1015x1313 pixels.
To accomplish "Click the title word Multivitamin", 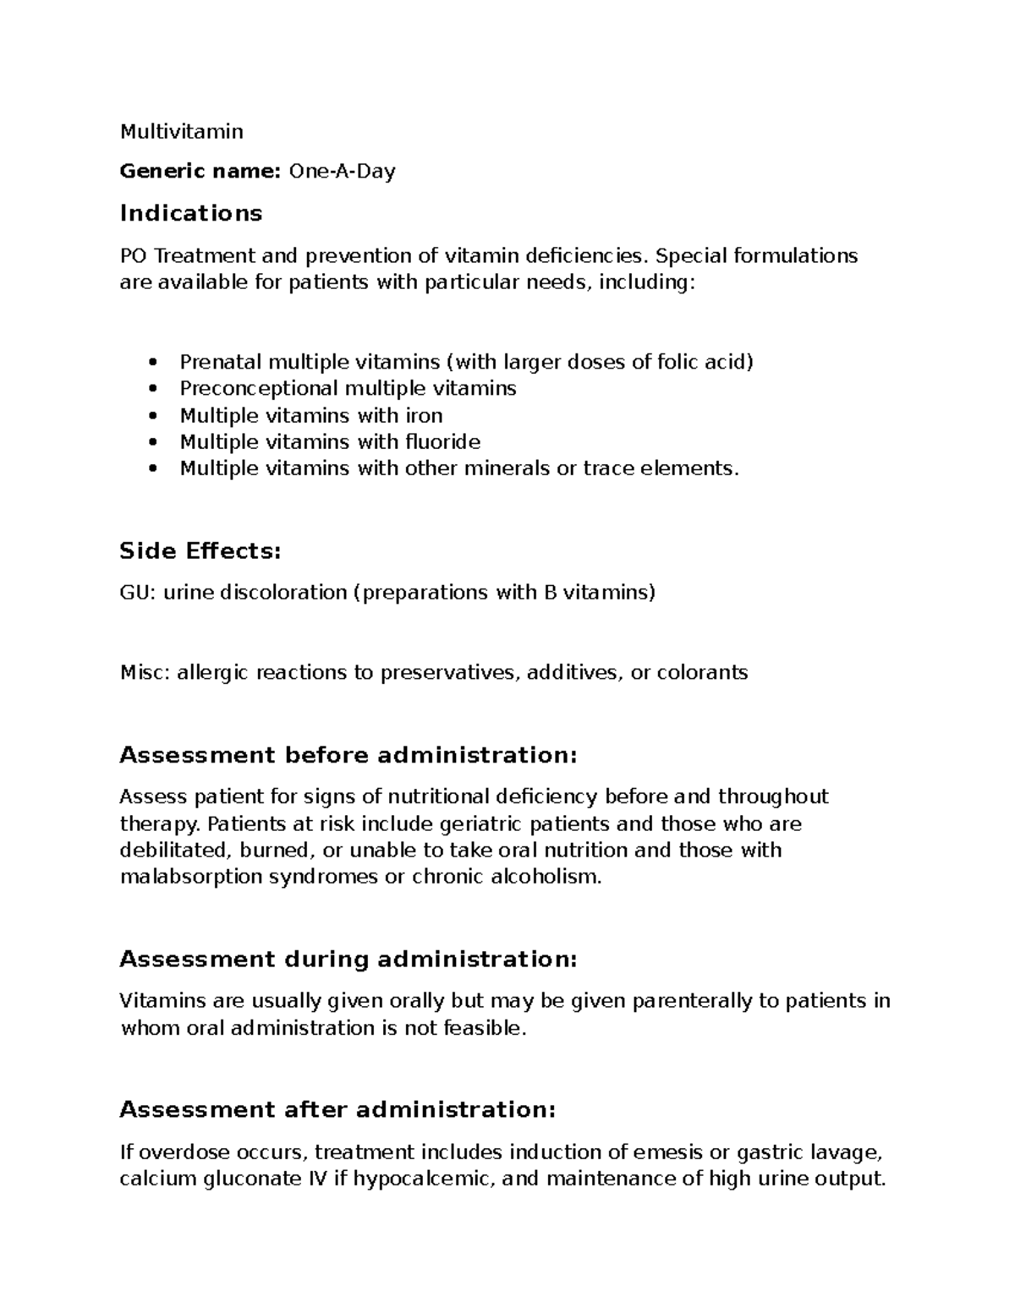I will click(181, 131).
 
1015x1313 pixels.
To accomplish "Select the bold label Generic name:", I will click(200, 172).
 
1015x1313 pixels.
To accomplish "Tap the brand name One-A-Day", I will click(342, 172).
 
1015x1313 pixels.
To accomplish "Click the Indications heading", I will click(191, 213).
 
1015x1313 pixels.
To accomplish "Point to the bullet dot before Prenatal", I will click(152, 363).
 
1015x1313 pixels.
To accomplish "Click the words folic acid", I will click(707, 362).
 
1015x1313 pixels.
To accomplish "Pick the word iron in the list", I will click(423, 415).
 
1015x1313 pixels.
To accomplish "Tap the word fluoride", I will click(442, 441).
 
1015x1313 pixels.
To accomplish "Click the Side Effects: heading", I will click(200, 551).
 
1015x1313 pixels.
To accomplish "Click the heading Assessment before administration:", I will click(348, 755).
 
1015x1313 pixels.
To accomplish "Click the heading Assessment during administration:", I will click(348, 960).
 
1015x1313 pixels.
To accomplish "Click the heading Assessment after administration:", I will click(337, 1110).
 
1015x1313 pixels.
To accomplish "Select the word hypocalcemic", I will click(422, 1179).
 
